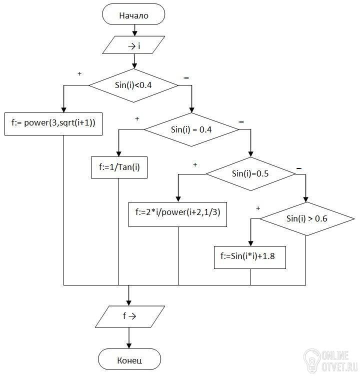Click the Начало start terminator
[x=133, y=14]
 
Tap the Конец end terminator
[x=129, y=359]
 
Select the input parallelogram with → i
[x=133, y=45]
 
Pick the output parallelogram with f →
[x=130, y=316]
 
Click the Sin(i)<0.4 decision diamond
[x=133, y=85]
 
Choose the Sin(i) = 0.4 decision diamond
[x=191, y=129]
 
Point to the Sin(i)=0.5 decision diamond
[x=250, y=174]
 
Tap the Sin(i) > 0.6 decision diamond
[x=307, y=218]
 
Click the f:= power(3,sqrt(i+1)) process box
[x=53, y=123]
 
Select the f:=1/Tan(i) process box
[x=119, y=167]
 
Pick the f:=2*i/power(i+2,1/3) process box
[x=177, y=214]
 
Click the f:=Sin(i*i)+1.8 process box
[x=250, y=257]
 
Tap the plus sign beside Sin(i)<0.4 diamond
[x=79, y=74]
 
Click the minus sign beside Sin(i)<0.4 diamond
[x=186, y=78]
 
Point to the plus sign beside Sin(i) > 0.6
[x=258, y=208]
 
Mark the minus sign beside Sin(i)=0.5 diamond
[x=299, y=168]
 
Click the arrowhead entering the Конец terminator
[x=129, y=346]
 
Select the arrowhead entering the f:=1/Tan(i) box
[x=118, y=153]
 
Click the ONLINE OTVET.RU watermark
[x=331, y=361]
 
